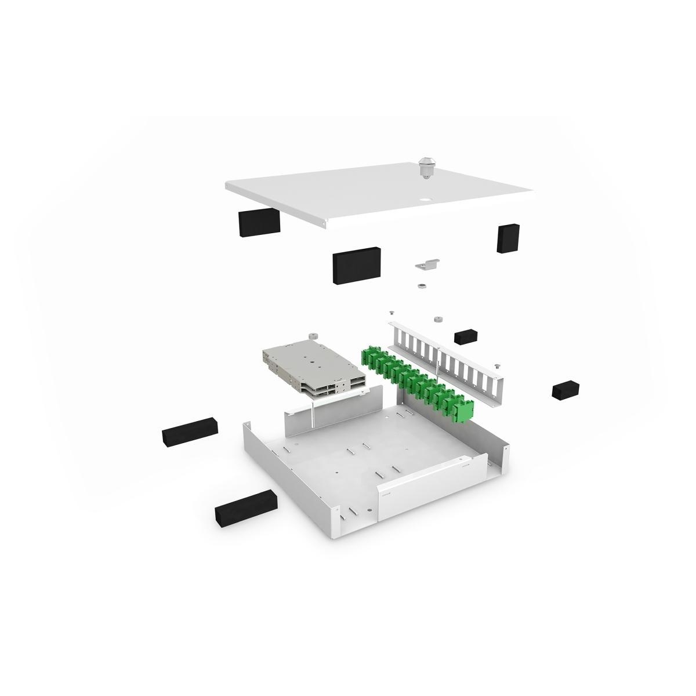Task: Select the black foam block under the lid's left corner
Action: pyautogui.click(x=259, y=223)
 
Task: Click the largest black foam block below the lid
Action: pyautogui.click(x=356, y=264)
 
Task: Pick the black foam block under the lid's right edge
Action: pyautogui.click(x=507, y=238)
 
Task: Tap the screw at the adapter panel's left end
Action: pyautogui.click(x=393, y=313)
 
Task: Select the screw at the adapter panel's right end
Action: pyautogui.click(x=497, y=365)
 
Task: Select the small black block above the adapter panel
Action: pyautogui.click(x=466, y=336)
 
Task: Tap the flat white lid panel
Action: pyautogui.click(x=371, y=191)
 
